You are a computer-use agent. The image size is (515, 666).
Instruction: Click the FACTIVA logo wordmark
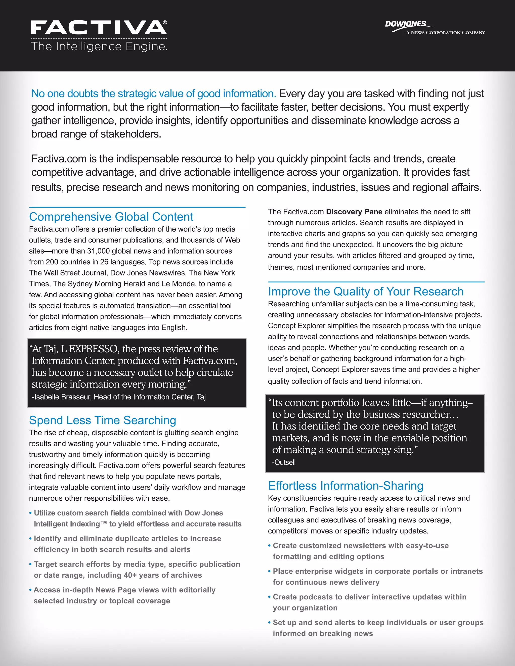point(98,28)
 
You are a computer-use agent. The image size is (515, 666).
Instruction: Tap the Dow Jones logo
point(406,24)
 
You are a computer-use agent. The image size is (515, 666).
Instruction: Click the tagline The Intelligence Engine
point(99,47)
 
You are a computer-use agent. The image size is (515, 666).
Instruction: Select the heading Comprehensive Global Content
point(111,217)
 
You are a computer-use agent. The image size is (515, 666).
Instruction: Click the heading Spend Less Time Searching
point(103,420)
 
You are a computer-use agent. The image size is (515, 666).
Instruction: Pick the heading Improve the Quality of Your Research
point(365,292)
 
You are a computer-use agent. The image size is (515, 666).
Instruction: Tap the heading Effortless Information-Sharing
point(345,486)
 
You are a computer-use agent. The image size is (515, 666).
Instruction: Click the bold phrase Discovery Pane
point(354,212)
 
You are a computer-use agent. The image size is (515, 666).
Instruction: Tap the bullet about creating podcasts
point(369,602)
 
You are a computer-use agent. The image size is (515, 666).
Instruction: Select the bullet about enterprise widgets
point(377,577)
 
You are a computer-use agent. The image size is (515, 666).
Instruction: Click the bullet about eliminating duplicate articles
point(127,544)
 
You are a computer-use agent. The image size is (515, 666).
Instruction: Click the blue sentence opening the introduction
point(153,94)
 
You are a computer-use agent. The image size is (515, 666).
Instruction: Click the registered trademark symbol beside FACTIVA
point(165,23)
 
